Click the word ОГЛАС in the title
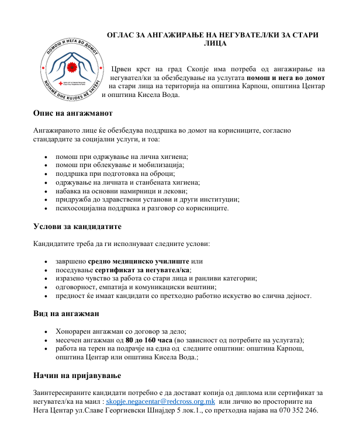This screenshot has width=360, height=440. click(122, 34)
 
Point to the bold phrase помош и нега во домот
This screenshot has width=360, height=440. click(286, 77)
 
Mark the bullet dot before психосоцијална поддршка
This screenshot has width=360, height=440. click(46, 208)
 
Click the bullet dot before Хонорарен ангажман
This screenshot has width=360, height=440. click(46, 331)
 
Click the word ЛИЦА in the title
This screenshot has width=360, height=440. click(215, 43)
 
